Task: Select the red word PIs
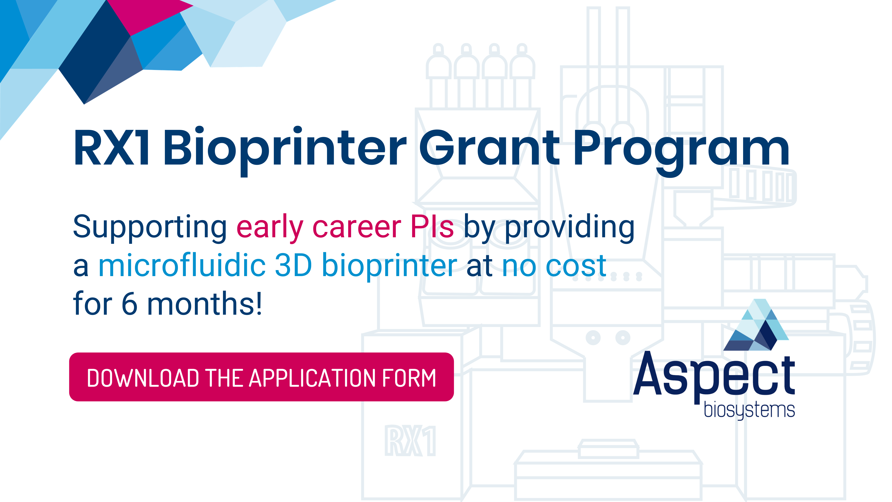(x=432, y=226)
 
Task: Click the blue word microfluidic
(x=182, y=265)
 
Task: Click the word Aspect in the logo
(x=714, y=378)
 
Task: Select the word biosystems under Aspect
(x=749, y=410)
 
